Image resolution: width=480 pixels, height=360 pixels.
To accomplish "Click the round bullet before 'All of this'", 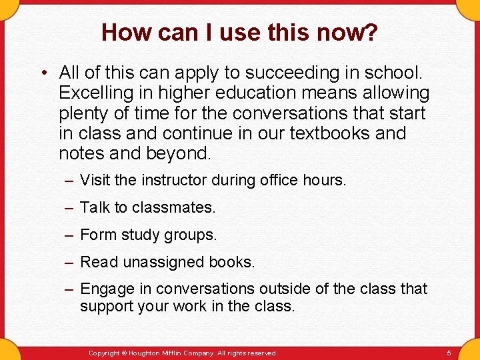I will (x=43, y=72).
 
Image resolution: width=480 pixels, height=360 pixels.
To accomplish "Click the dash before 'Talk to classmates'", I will (x=69, y=207).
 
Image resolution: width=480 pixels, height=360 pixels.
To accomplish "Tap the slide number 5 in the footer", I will (x=449, y=353).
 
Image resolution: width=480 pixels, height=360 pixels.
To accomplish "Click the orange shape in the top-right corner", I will (x=469, y=8).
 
